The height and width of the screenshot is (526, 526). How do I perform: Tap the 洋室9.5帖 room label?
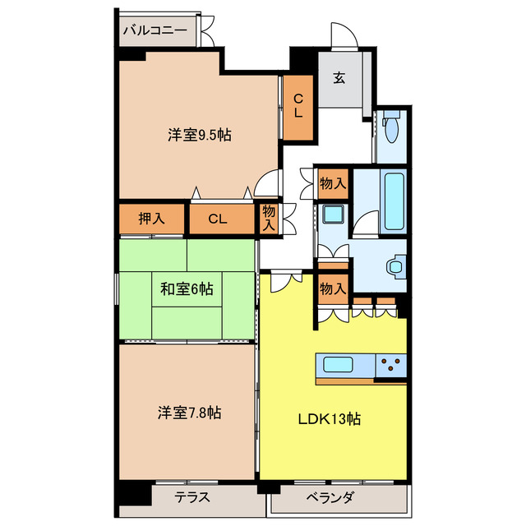[x=200, y=134]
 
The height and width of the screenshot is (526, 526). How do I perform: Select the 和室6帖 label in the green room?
[x=187, y=288]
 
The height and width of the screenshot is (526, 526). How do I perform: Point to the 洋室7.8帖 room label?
[x=189, y=413]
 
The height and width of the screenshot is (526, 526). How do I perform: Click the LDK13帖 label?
[x=329, y=418]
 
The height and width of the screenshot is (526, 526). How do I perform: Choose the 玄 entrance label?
[x=339, y=79]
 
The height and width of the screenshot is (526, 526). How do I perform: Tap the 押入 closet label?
[x=151, y=219]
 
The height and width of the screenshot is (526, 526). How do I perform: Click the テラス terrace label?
[x=193, y=497]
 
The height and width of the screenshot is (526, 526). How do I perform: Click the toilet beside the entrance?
[x=391, y=128]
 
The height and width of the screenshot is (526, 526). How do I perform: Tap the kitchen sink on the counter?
[x=338, y=364]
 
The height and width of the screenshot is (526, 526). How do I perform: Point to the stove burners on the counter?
[x=391, y=363]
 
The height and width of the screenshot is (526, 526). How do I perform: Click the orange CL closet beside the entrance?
[x=298, y=107]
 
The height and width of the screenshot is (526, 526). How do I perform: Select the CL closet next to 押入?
[x=217, y=219]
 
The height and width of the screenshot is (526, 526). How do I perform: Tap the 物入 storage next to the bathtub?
[x=333, y=182]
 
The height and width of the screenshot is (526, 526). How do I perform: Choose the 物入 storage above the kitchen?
[x=332, y=289]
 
